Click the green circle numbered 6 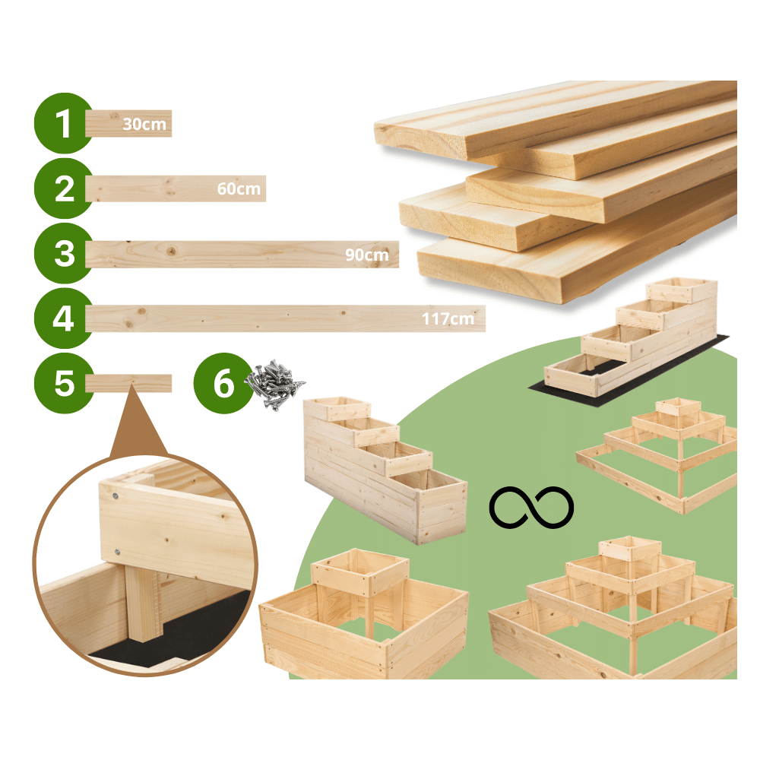[x=223, y=383]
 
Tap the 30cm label [x=144, y=124]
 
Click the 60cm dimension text [x=239, y=188]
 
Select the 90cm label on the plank [x=366, y=255]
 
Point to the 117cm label [x=448, y=318]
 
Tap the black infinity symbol [x=531, y=507]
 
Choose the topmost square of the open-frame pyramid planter [x=678, y=407]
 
